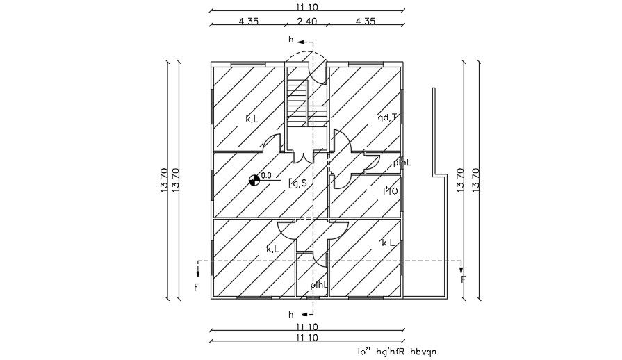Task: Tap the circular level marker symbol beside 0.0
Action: [255, 181]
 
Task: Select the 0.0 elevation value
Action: [265, 176]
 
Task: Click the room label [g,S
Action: [297, 183]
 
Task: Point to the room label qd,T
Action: [387, 117]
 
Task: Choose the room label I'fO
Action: [390, 190]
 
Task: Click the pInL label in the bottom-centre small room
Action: [319, 284]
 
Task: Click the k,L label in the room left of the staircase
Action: [252, 119]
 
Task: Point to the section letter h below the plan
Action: [291, 314]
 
